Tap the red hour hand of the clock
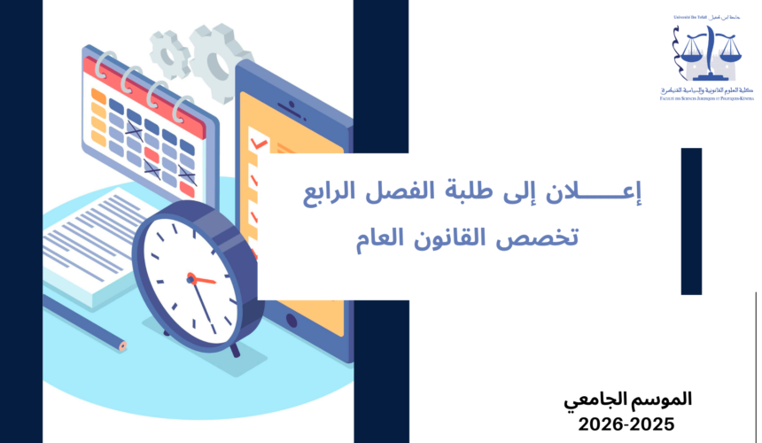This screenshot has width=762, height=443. point(202,279)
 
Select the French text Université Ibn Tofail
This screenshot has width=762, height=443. point(690,19)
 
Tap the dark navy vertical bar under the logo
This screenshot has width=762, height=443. point(691,221)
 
